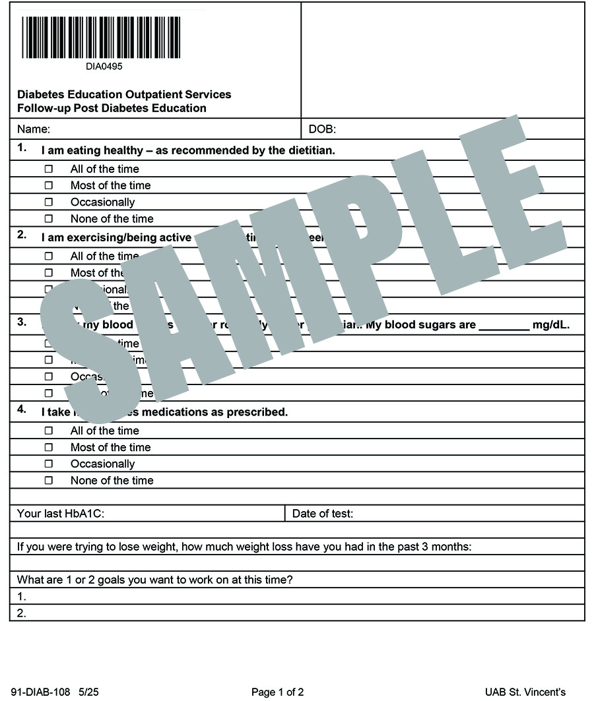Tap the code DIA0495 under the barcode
pyautogui.click(x=104, y=66)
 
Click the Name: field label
pyautogui.click(x=33, y=129)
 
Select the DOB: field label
pyautogui.click(x=322, y=129)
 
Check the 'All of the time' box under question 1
pyautogui.click(x=48, y=169)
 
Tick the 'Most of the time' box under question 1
pyautogui.click(x=48, y=185)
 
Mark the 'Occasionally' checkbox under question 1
pyautogui.click(x=48, y=202)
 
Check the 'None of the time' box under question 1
pyautogui.click(x=48, y=218)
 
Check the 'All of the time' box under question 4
pyautogui.click(x=48, y=431)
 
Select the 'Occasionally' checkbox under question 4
pyautogui.click(x=48, y=464)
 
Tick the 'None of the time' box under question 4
pyautogui.click(x=48, y=480)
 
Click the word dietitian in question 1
pyautogui.click(x=310, y=150)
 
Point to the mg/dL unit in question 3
pyautogui.click(x=550, y=325)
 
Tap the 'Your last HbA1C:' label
pyautogui.click(x=61, y=514)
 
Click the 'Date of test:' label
pyautogui.click(x=322, y=514)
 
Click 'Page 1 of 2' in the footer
pyautogui.click(x=277, y=692)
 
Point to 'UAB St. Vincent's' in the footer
pyautogui.click(x=525, y=692)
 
